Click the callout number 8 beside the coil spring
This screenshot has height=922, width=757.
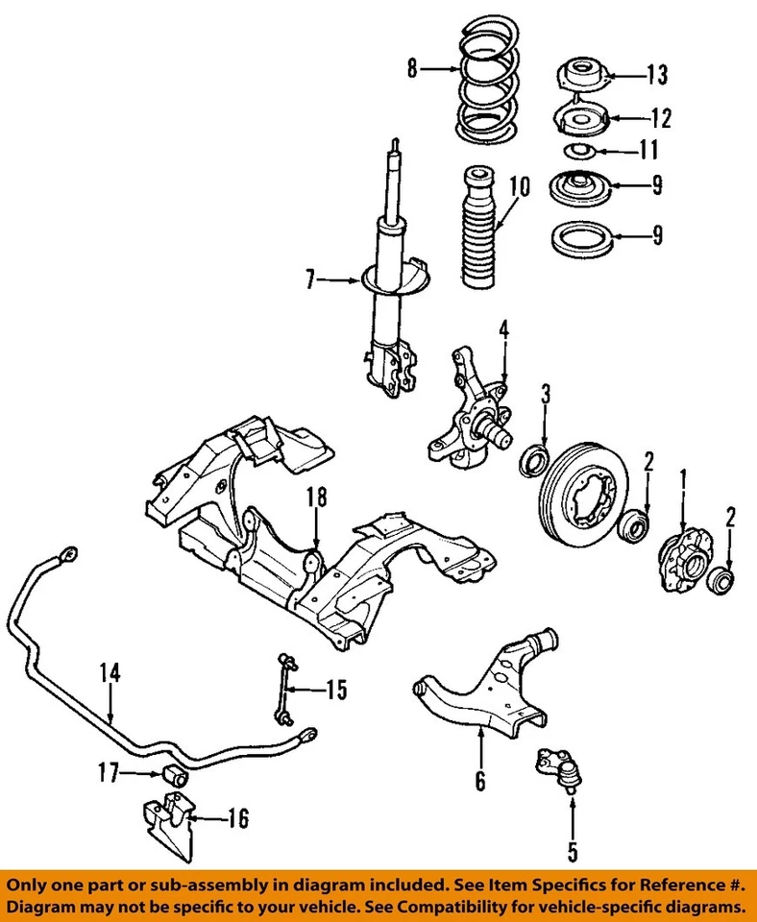[412, 68]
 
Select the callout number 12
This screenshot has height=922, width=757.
[660, 119]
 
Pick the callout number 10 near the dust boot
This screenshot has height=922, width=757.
[519, 185]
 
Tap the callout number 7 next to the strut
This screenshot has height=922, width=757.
[310, 281]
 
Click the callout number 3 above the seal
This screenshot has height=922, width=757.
[545, 394]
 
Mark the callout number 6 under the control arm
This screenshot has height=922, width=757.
[479, 782]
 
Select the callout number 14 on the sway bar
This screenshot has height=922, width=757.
[111, 673]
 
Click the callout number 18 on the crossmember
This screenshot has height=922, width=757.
[317, 497]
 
